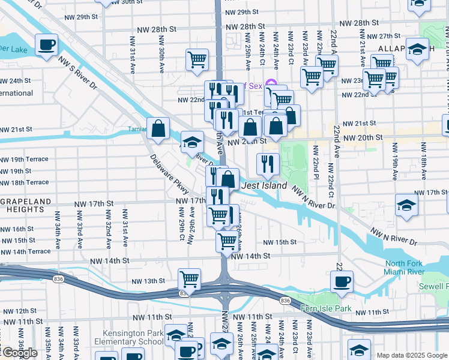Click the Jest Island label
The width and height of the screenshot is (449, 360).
264,186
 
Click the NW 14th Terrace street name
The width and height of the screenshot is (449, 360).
25,251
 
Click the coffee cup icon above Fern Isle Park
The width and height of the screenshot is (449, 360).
342,281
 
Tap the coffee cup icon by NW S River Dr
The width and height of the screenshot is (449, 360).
46,44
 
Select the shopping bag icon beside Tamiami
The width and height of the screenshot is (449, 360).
158,128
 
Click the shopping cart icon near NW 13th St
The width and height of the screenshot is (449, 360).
189,278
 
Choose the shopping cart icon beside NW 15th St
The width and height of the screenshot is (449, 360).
227,241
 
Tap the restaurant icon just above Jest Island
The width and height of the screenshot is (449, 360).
268,163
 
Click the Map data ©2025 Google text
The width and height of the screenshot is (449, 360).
411,355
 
